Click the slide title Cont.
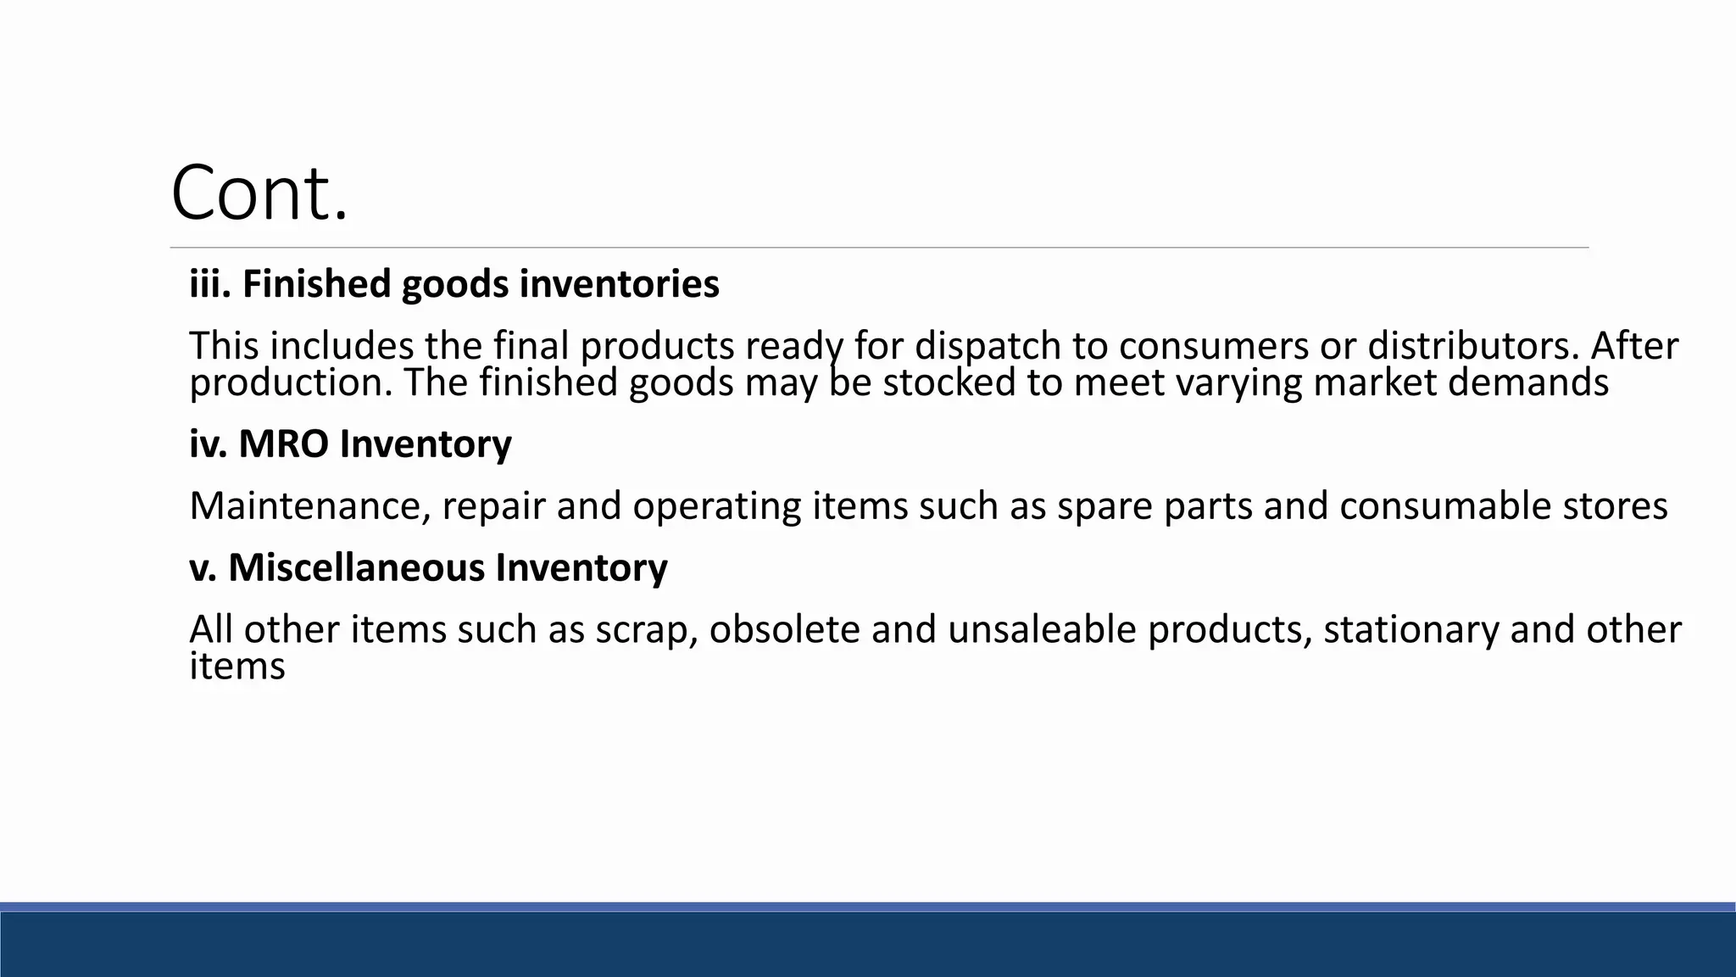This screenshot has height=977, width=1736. [259, 193]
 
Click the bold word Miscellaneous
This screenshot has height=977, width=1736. [356, 567]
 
